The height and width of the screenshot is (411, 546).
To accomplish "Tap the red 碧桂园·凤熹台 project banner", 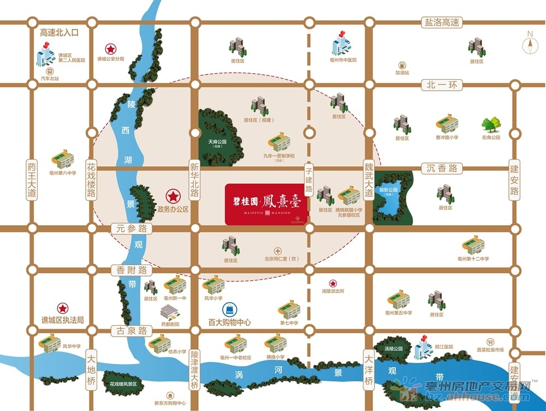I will pos(268,203).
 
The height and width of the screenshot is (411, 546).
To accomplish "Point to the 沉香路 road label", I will pos(442,168).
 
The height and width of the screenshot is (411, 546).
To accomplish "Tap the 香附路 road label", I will pos(128,270).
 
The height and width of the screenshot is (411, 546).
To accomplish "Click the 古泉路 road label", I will pos(129,331).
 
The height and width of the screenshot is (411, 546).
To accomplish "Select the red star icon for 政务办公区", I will pos(173,196).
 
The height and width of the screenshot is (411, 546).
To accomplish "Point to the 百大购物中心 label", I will pos(229,322).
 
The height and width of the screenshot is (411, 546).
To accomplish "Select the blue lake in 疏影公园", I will pos(391,198).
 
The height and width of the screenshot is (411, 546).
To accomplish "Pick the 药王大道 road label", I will pos(32,179).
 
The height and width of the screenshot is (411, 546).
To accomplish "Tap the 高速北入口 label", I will pos(60,33).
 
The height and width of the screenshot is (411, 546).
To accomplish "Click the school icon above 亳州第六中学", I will pos(62,158).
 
